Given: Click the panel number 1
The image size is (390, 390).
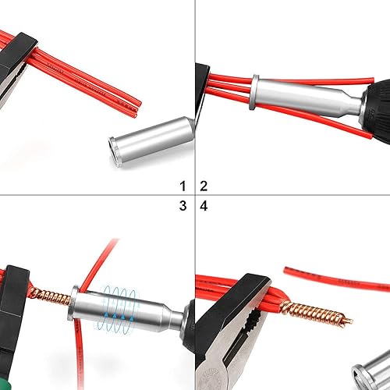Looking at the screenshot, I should tap(183, 185).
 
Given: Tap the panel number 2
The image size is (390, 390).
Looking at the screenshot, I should tap(204, 185).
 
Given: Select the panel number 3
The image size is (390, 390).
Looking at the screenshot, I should tap(183, 206).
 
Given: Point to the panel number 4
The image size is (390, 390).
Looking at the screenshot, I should tap(204, 206).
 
